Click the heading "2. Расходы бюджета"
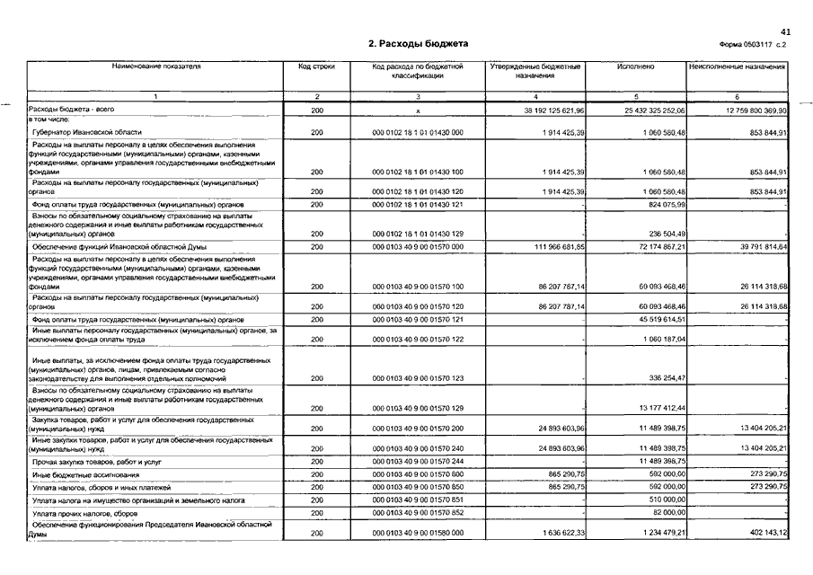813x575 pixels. pos(418,44)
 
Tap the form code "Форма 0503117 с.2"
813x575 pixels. pos(752,45)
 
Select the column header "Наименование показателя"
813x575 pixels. pos(155,66)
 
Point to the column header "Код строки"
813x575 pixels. pos(316,66)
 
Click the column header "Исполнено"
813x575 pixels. pos(636,66)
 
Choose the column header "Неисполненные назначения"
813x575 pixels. pos(738,66)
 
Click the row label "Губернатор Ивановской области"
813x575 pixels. pos(87,132)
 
